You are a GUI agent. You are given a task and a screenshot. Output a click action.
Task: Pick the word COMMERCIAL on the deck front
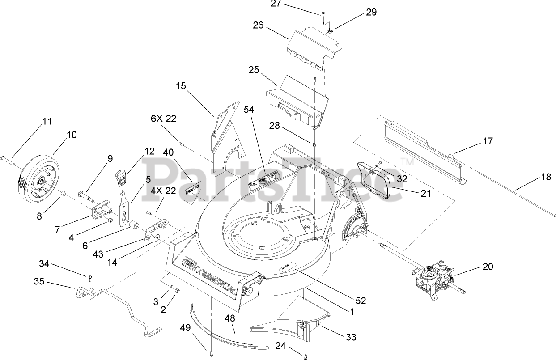(215, 277)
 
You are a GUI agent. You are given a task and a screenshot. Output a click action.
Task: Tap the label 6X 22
(163, 119)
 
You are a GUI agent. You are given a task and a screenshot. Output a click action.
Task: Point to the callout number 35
(39, 282)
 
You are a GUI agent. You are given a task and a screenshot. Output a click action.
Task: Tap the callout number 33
(351, 337)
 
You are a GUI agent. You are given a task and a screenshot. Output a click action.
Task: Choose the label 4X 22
(163, 190)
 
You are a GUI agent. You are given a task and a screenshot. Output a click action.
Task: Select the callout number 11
(47, 121)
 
